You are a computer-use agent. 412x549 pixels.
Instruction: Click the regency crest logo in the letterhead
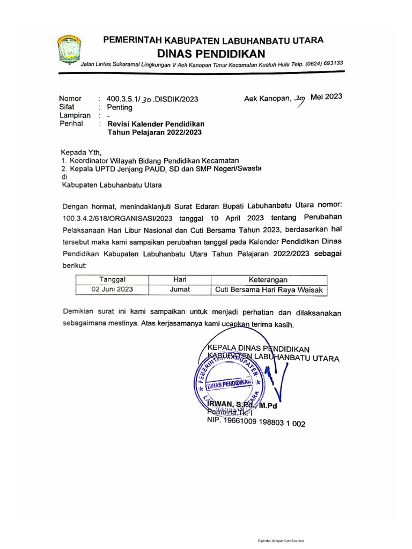click(68, 50)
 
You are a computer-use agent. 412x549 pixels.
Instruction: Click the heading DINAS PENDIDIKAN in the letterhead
click(211, 53)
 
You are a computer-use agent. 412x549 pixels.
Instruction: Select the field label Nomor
click(70, 99)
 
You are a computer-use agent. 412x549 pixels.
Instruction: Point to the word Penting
click(120, 107)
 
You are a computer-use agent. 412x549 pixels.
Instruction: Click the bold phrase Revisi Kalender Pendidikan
click(156, 124)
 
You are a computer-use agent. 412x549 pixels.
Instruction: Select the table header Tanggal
click(112, 280)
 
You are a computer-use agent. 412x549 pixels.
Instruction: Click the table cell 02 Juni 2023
click(112, 290)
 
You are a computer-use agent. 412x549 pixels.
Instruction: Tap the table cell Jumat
click(179, 290)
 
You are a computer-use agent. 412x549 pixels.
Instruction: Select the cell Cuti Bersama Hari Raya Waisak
click(269, 290)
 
